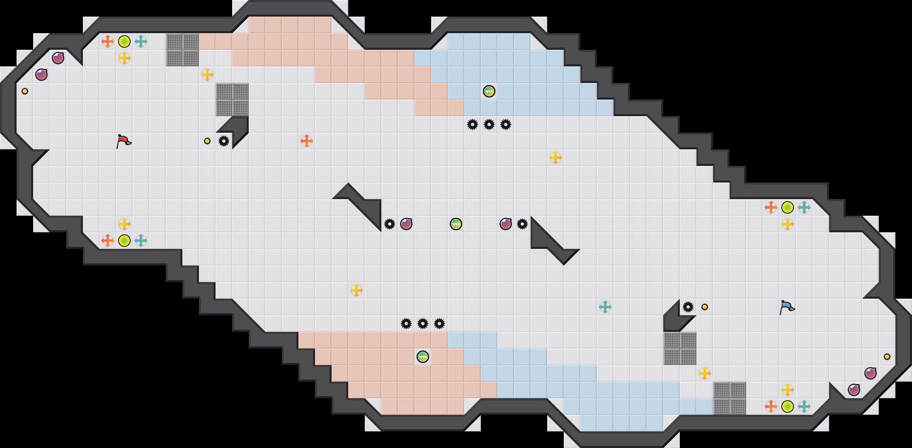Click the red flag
(x=124, y=141)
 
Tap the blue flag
(x=787, y=307)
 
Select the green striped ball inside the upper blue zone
(x=489, y=91)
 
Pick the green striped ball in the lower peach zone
(x=423, y=357)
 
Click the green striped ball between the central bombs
(x=456, y=224)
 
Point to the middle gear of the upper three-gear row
(x=489, y=124)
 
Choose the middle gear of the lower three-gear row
(x=423, y=324)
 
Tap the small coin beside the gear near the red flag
(x=207, y=141)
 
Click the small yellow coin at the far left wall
(x=25, y=91)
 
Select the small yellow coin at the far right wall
(x=887, y=357)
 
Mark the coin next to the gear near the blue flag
(x=705, y=307)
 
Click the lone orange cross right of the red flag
(x=307, y=141)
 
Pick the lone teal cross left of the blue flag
(x=605, y=307)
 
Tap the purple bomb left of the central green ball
(x=406, y=224)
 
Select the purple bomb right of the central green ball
(x=506, y=224)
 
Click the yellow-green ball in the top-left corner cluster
(x=124, y=41)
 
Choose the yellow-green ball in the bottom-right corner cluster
(x=788, y=407)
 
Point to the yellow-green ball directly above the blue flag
(x=788, y=207)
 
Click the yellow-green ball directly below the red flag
(x=124, y=241)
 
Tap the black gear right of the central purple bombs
(x=522, y=224)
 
